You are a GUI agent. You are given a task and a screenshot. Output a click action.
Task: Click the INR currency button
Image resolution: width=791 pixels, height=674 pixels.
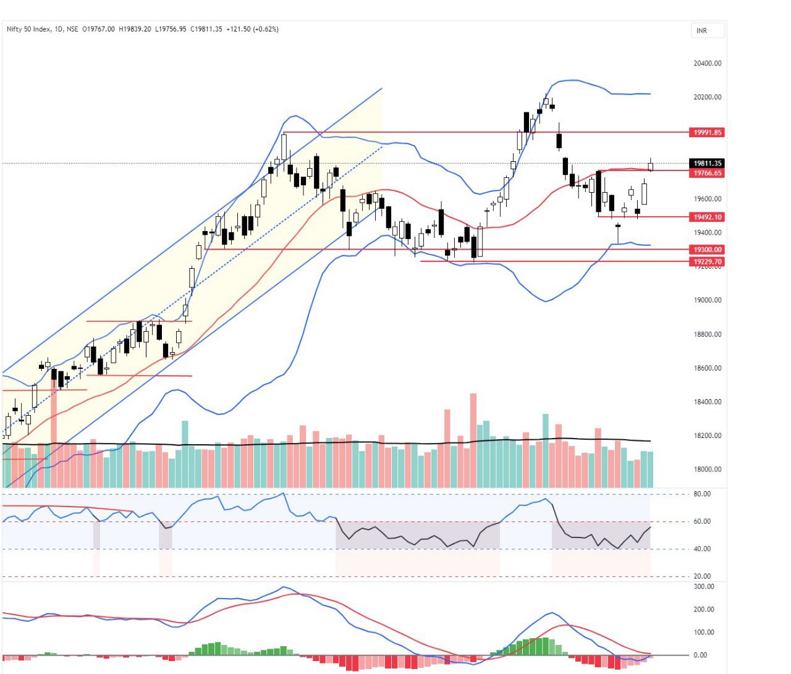[x=701, y=31]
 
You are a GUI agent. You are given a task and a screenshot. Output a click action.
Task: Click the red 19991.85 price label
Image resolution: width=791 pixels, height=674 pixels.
[x=707, y=132]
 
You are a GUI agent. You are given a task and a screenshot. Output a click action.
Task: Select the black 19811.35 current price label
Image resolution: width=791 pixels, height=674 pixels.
[x=707, y=164]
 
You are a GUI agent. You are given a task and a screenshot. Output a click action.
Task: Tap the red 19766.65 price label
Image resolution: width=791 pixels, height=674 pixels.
[x=707, y=173]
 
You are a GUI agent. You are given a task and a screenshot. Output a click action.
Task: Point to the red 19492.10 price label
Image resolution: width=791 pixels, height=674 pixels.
[x=707, y=217]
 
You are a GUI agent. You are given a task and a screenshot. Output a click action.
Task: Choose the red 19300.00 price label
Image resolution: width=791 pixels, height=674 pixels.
[x=707, y=250]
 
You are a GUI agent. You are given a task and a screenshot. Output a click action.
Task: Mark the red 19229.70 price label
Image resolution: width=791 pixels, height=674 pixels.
[x=707, y=262]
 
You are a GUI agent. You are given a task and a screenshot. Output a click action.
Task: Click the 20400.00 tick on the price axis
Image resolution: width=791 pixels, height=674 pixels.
[x=707, y=63]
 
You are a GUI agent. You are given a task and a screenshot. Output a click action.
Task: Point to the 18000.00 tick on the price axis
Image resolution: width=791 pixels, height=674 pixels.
[x=707, y=469]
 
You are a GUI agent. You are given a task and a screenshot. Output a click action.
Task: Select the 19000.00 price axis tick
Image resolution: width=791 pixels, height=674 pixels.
[x=707, y=300]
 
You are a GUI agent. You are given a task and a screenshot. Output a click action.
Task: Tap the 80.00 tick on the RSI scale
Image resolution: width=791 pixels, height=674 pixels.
[x=702, y=494]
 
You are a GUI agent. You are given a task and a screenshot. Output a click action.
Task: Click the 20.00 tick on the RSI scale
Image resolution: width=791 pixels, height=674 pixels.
[x=702, y=576]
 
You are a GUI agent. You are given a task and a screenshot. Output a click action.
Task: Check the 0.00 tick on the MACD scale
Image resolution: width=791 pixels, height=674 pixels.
[x=700, y=655]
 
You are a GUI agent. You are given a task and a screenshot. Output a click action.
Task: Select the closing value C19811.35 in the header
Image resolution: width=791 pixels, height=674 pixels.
[x=206, y=29]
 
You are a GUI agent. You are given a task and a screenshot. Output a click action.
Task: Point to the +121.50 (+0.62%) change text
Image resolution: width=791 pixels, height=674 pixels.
[x=252, y=29]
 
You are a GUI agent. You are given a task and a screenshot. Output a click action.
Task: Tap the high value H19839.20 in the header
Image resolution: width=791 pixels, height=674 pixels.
[x=135, y=29]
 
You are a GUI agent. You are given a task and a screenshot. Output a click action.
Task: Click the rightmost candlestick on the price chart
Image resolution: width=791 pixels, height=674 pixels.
[x=650, y=166]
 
